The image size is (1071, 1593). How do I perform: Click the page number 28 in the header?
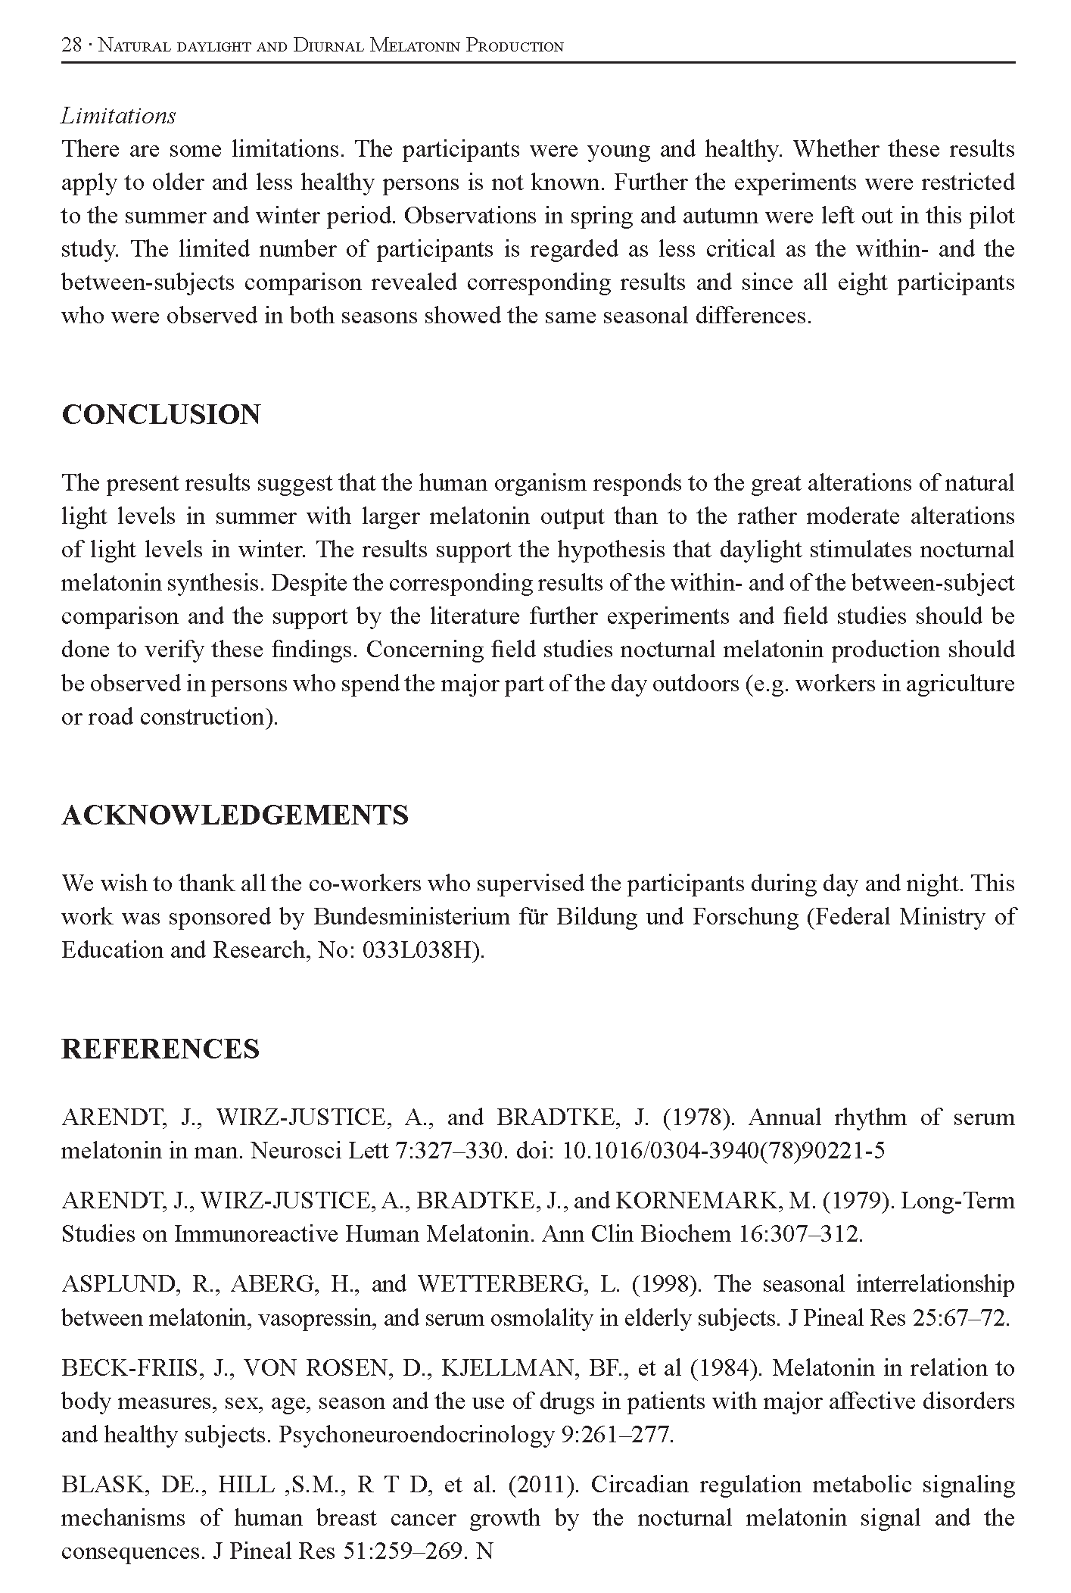(x=71, y=45)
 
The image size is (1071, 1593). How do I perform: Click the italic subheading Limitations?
(x=118, y=116)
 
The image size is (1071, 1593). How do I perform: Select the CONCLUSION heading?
(x=160, y=414)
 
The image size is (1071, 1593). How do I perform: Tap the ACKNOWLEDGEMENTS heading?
(x=235, y=815)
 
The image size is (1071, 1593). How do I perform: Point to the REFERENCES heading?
(x=160, y=1049)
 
